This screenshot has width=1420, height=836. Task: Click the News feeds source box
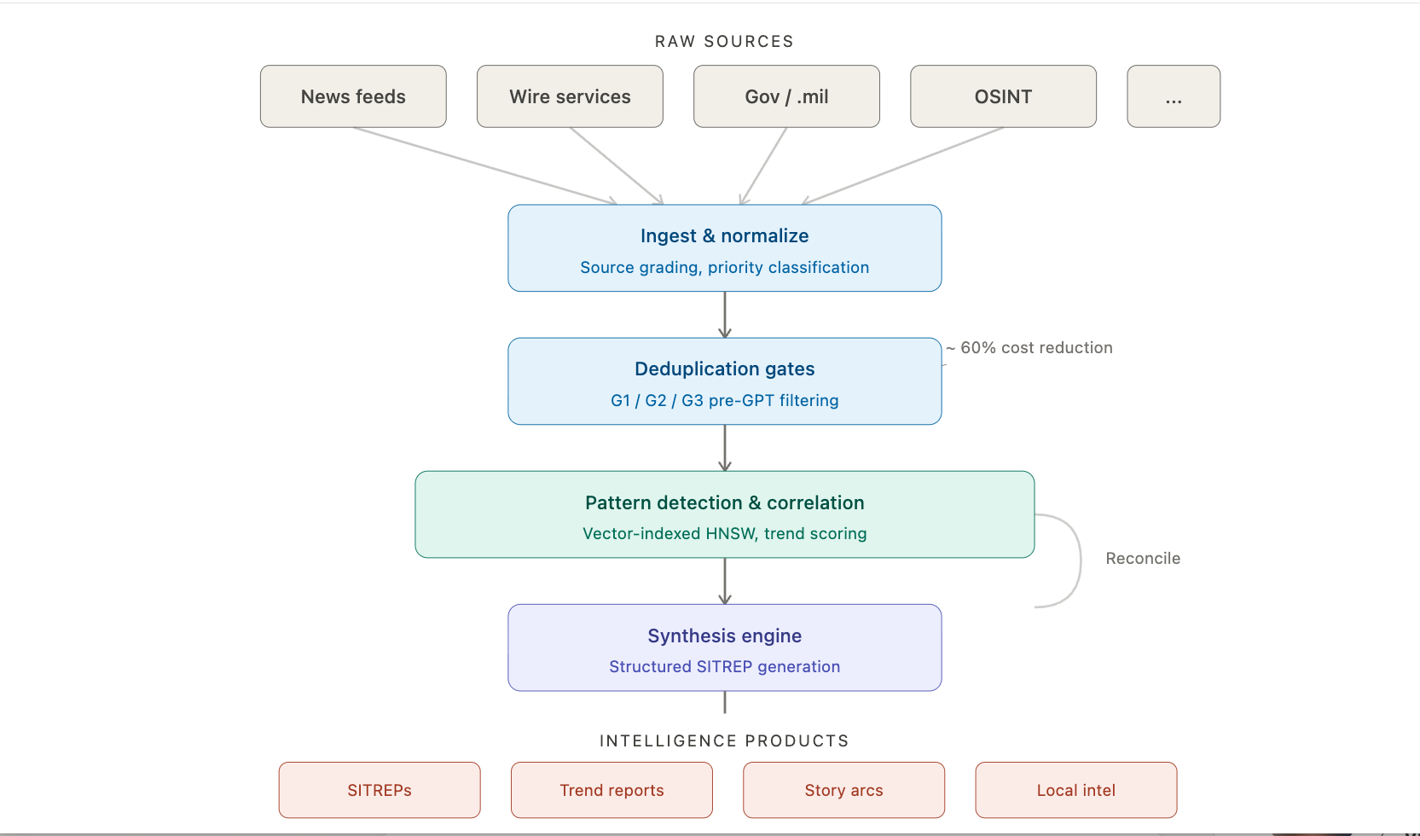353,96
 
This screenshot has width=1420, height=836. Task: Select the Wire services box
570,96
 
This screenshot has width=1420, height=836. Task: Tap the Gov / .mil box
786,96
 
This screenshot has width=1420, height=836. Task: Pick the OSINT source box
1003,96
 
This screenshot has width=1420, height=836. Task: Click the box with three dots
1174,96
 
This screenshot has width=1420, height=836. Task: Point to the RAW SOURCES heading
724,41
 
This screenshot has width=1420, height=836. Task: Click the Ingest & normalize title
724,235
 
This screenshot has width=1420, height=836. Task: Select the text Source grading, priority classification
724,267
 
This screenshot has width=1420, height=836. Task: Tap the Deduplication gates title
724,369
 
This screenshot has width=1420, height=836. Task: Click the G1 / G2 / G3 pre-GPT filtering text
724,400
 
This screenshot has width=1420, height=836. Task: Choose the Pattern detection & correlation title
724,502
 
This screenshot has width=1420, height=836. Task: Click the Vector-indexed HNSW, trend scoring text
724,533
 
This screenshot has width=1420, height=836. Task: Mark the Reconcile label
1143,558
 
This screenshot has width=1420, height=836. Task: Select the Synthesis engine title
724,636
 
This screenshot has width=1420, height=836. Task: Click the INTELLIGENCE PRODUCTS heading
724,740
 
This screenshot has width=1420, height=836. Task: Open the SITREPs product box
380,790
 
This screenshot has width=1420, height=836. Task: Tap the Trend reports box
611,790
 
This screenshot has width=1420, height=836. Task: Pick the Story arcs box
843,790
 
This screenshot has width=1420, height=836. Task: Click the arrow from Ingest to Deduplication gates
725,315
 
